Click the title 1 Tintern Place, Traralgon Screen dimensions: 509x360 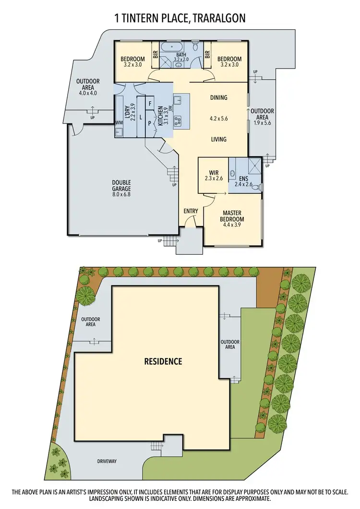coord(180,18)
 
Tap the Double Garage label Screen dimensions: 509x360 coord(121,185)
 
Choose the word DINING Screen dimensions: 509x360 coord(218,98)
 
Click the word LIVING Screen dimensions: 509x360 coord(218,140)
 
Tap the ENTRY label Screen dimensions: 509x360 coord(191,211)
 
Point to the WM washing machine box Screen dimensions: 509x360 coord(119,123)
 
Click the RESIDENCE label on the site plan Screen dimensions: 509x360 coord(163,361)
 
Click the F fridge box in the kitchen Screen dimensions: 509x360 coord(150,103)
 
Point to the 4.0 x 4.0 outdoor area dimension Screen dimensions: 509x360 coord(87,93)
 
